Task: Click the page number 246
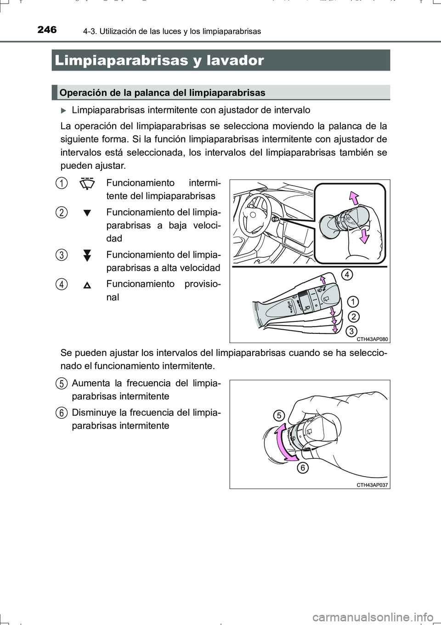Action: [47, 30]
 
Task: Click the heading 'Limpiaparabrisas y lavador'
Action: [159, 60]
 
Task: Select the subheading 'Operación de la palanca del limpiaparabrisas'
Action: [162, 93]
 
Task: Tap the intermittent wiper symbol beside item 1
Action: [87, 183]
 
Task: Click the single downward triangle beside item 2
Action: [87, 213]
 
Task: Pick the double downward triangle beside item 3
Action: [87, 255]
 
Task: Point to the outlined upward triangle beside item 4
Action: [87, 285]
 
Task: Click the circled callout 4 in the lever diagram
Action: [347, 275]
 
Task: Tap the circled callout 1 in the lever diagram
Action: [352, 302]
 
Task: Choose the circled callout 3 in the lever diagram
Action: [351, 331]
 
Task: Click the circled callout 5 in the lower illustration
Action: [279, 416]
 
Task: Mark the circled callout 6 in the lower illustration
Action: [302, 468]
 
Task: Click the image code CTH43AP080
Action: [372, 339]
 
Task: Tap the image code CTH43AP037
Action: [372, 485]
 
